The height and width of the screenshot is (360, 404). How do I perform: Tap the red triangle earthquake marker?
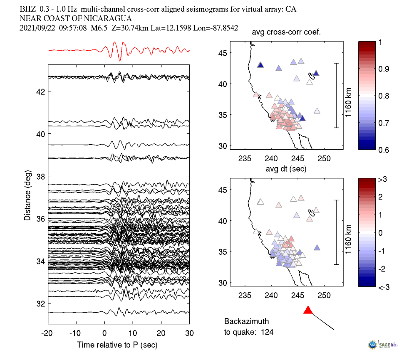click(308, 310)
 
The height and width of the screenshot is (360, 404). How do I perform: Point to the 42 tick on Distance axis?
click(40, 91)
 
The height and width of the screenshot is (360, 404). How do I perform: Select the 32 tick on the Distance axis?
click(40, 303)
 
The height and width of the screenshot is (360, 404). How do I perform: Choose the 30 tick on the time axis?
click(189, 333)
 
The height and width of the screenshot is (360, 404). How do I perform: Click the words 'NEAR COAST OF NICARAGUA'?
click(76, 18)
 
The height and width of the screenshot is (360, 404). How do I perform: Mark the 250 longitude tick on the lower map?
click(324, 296)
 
